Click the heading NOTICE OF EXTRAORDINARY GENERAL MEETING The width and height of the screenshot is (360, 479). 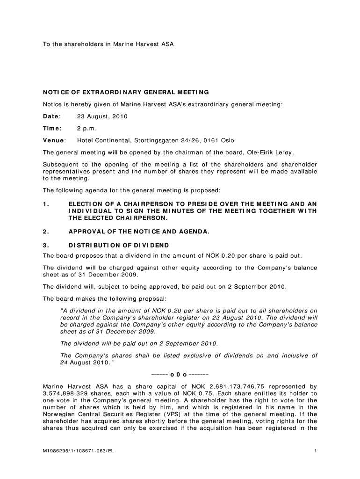pos(126,92)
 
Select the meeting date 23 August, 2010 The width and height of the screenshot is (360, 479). pos(102,116)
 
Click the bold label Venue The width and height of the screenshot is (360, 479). pos(53,140)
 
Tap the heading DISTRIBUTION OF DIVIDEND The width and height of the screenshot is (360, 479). pos(119,245)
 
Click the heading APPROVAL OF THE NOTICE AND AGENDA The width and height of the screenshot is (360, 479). pos(139,231)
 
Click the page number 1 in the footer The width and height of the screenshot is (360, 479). pos(316,451)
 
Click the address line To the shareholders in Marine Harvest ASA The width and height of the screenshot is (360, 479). pos(108,44)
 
